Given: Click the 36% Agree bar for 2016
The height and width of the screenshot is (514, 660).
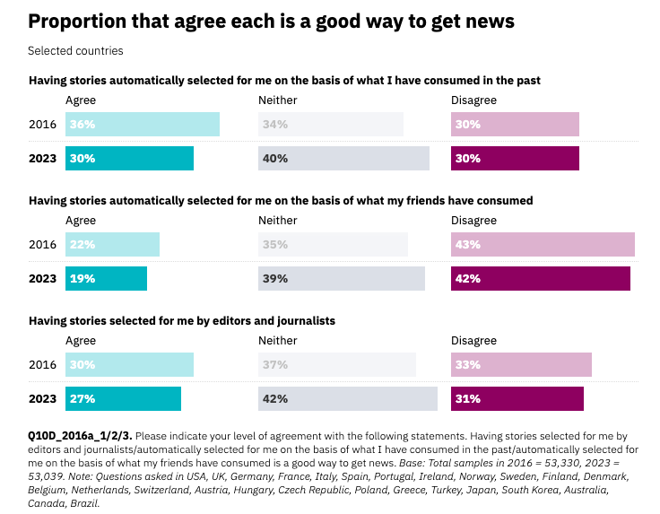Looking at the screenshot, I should coord(143,125).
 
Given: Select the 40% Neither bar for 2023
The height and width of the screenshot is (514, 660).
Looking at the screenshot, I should coord(343,159).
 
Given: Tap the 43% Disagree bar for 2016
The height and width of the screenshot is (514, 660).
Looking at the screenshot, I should coord(543,245).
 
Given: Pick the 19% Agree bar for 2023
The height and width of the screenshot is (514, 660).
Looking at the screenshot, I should coord(106,279).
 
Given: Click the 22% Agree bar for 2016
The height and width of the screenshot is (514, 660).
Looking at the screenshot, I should coord(112,245).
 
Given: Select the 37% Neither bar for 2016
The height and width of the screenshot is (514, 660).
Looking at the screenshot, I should coord(337,365).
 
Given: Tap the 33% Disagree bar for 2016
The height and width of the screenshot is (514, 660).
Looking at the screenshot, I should coord(521,365).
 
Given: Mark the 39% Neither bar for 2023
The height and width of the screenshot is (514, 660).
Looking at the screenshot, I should coord(342,279).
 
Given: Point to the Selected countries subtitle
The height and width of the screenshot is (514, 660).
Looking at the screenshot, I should coord(75,51).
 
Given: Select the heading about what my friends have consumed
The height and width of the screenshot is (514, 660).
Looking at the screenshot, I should coord(281,201).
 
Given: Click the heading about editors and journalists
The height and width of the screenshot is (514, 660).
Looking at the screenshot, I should coord(182,320).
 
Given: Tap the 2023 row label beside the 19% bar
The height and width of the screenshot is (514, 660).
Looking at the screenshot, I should coord(42,279).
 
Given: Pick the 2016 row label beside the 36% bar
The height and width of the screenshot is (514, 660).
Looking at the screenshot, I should coord(42,125).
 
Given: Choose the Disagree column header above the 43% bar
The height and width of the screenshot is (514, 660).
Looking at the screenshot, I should coord(473,221).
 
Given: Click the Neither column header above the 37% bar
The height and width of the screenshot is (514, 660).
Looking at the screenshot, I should coord(277,341).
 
